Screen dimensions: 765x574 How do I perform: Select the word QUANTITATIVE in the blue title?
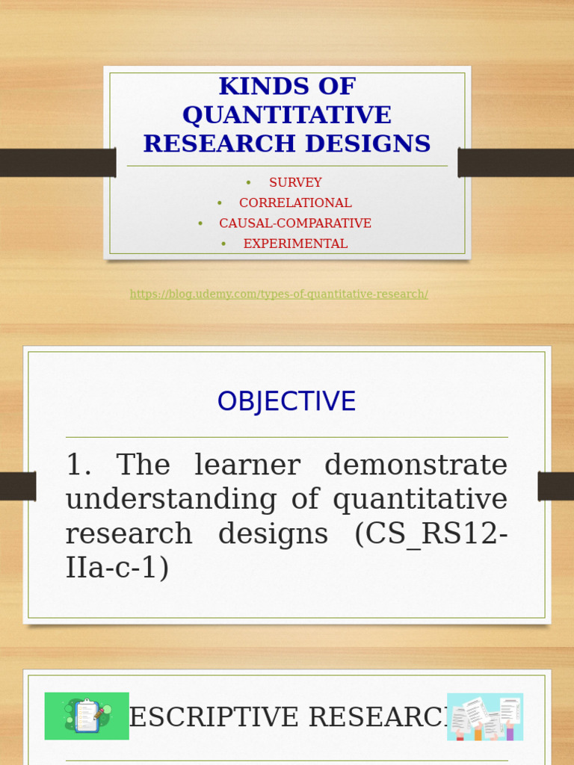[x=287, y=115]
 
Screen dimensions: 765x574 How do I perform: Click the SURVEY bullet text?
[x=295, y=182]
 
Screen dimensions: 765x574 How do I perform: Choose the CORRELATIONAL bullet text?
[x=295, y=202]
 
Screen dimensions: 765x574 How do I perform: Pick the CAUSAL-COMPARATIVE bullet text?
[x=295, y=223]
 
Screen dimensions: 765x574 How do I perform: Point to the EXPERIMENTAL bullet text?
[x=295, y=244]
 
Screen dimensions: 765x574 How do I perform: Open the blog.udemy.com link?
[x=279, y=294]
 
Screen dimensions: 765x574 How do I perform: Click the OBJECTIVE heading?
[x=286, y=402]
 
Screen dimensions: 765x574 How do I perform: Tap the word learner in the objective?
[x=247, y=465]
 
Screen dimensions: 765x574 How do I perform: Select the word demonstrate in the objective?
[x=416, y=465]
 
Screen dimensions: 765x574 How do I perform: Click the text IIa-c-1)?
[x=117, y=568]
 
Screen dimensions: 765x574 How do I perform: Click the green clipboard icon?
[x=87, y=716]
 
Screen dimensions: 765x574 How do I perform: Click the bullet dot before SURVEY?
[x=248, y=182]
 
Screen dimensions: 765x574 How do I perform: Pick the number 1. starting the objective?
[x=78, y=465]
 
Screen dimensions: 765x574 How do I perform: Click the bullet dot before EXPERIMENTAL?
[x=223, y=244]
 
